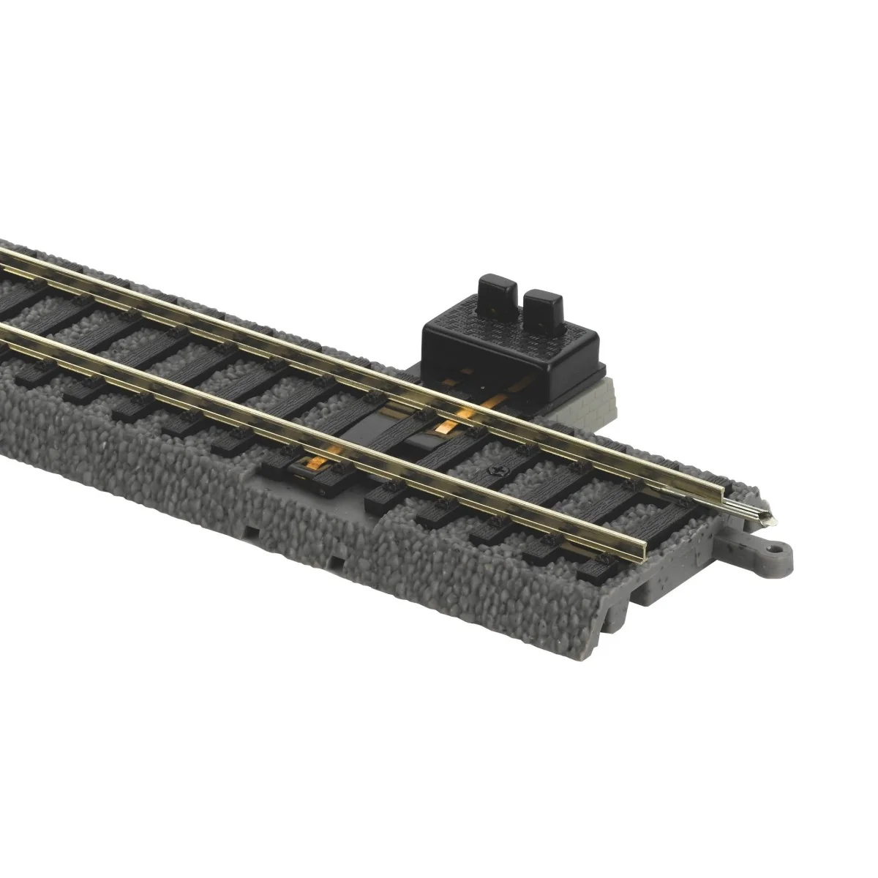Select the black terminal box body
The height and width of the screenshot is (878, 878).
512,344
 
